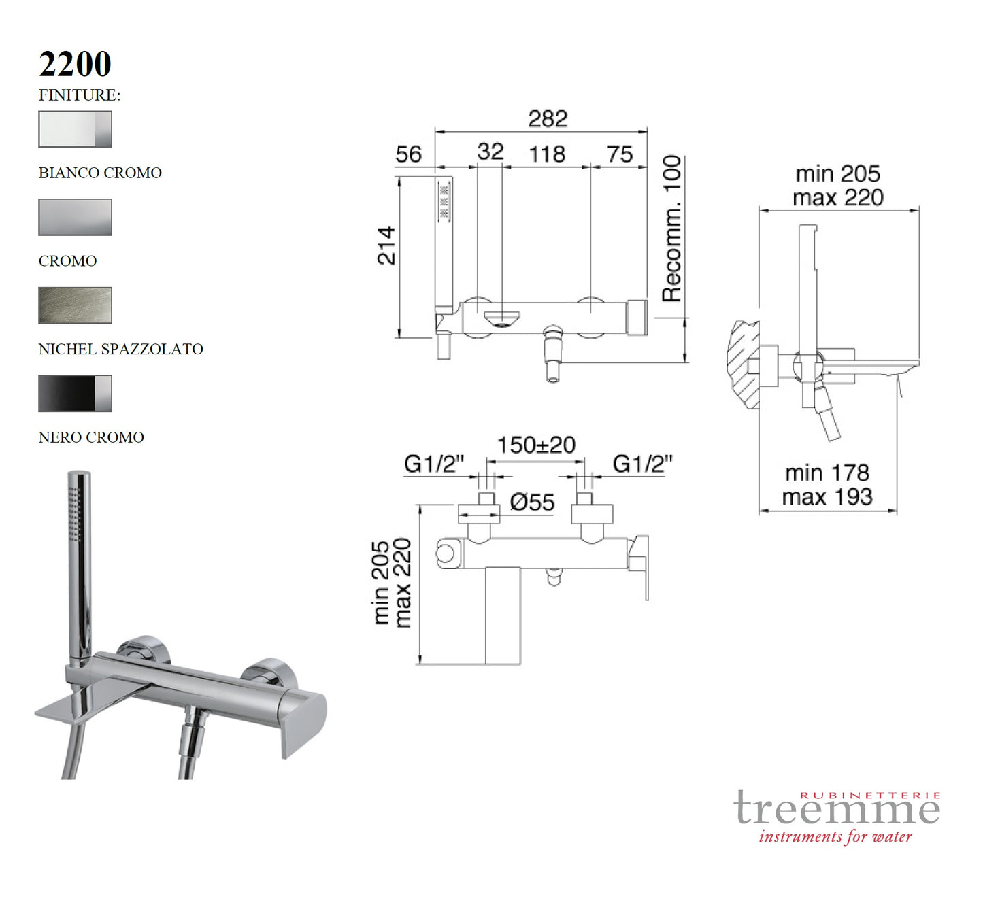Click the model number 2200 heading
click(75, 65)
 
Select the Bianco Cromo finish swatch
click(75, 129)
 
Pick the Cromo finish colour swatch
click(75, 217)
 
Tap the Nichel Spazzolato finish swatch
click(75, 305)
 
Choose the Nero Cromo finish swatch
click(75, 394)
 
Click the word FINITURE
click(79, 95)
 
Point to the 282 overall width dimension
click(548, 119)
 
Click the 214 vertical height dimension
click(386, 245)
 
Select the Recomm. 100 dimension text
click(672, 228)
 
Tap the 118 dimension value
click(547, 154)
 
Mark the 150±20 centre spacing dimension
click(536, 445)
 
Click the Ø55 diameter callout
click(532, 502)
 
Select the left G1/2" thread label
click(433, 464)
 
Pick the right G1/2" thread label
click(642, 464)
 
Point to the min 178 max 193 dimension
click(827, 485)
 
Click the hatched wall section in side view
click(743, 364)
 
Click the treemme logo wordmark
click(837, 809)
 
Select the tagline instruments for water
click(835, 837)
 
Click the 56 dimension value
click(408, 154)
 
